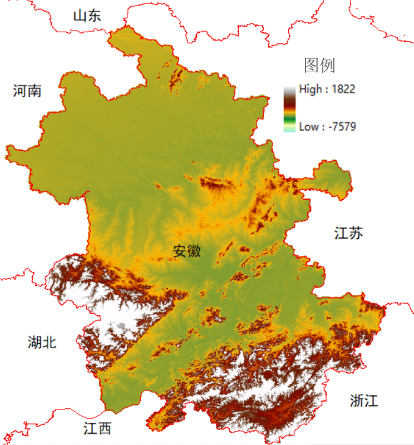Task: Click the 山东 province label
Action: pyautogui.click(x=87, y=16)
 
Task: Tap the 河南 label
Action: pyautogui.click(x=27, y=91)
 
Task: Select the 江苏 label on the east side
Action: pyautogui.click(x=349, y=233)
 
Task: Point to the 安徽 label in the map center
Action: pyautogui.click(x=187, y=251)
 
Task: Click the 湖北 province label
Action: pyautogui.click(x=42, y=342)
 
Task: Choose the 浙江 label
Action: pyautogui.click(x=364, y=400)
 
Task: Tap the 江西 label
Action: pyautogui.click(x=97, y=428)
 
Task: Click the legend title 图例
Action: pyautogui.click(x=319, y=66)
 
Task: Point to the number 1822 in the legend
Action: pyautogui.click(x=343, y=89)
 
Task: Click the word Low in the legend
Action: pyautogui.click(x=309, y=127)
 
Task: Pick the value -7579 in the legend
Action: pyautogui.click(x=342, y=127)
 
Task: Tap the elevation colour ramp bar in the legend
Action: pyautogui.click(x=289, y=109)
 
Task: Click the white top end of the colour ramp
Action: pyautogui.click(x=289, y=89)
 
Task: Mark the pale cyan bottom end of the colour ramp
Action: pyautogui.click(x=289, y=130)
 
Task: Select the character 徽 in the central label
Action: pyautogui.click(x=194, y=251)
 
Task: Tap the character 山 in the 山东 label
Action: pyautogui.click(x=80, y=16)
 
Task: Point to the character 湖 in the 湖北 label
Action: pyautogui.click(x=34, y=342)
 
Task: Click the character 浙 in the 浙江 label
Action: pyautogui.click(x=357, y=400)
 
